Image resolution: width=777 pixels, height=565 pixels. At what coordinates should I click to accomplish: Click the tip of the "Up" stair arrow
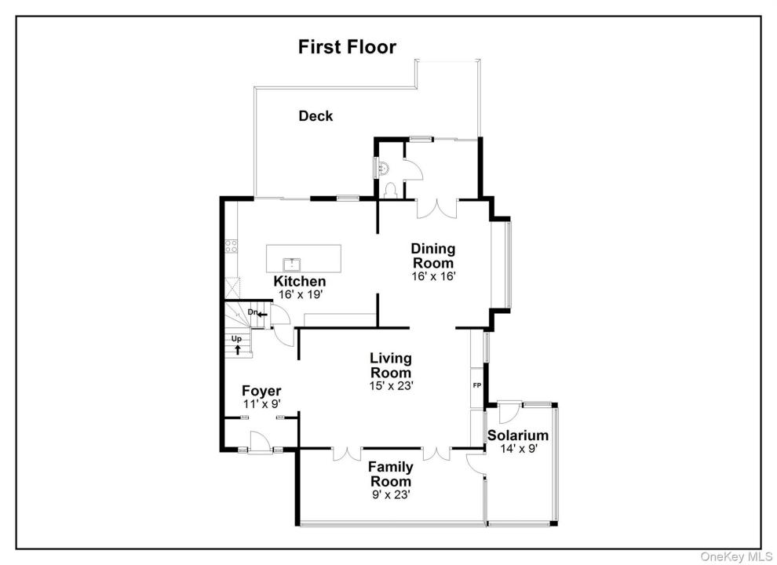tap(238, 345)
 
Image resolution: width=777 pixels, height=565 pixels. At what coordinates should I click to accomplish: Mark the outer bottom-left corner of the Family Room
tap(296, 525)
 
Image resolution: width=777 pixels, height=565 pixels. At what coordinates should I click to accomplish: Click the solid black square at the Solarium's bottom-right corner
tap(554, 523)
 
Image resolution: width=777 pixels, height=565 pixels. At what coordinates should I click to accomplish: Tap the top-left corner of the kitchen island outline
tap(267, 244)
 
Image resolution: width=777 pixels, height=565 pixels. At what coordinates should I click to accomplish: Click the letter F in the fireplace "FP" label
tap(475, 385)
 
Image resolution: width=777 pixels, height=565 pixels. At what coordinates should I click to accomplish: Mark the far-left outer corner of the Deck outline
tap(254, 88)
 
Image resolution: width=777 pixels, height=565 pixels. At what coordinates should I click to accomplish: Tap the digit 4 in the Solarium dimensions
tap(509, 449)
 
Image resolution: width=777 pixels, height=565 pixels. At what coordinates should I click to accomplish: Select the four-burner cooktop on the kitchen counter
tap(231, 246)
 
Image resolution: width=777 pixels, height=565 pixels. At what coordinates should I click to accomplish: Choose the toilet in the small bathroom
tap(391, 191)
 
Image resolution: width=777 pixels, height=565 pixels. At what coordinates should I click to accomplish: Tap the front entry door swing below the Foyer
tap(260, 442)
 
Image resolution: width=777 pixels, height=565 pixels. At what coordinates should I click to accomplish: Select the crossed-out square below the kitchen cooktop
tap(232, 287)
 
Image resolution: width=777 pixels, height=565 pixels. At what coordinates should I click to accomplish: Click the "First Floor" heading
tap(347, 46)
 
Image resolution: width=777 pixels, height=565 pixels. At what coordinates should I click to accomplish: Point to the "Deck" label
tap(316, 116)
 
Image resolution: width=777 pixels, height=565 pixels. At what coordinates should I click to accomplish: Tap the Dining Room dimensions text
tap(433, 276)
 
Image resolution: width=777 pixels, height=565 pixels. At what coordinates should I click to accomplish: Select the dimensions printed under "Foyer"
tap(261, 404)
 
